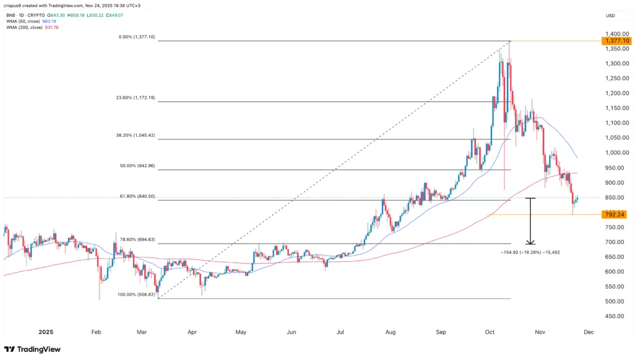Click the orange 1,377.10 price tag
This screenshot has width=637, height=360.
[x=613, y=41]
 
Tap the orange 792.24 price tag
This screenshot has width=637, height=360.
[x=613, y=215]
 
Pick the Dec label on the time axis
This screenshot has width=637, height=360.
[x=588, y=332]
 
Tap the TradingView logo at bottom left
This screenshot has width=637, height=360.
[x=32, y=349]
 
